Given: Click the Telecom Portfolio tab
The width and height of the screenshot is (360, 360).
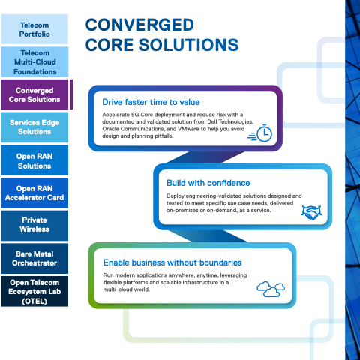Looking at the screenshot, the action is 34,29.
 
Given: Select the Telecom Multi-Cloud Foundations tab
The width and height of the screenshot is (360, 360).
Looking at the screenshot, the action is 34,62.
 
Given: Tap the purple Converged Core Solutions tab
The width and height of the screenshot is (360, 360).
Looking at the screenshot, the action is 34,94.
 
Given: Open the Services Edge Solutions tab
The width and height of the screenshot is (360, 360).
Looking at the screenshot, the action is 34,127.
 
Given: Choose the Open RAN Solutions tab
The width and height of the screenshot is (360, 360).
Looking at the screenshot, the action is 34,160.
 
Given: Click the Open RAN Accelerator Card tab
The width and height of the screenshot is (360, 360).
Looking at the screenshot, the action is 34,193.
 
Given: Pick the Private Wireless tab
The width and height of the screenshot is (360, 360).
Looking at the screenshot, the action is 34,226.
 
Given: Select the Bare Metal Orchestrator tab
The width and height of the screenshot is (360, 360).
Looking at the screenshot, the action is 34,259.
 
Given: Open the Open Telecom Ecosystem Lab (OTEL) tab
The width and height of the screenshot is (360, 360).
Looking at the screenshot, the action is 34,291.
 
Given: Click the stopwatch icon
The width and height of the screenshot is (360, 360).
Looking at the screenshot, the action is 260,133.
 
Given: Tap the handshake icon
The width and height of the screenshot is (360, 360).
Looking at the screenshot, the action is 311,212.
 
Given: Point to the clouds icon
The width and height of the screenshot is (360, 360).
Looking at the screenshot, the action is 271,289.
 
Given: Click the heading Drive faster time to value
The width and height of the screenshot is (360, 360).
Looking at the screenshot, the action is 151,102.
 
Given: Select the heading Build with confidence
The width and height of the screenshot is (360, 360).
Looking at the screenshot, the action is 208,183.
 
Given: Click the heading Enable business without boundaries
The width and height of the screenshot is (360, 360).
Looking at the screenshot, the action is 172,262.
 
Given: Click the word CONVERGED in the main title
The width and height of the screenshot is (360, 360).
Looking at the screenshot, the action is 139,25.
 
